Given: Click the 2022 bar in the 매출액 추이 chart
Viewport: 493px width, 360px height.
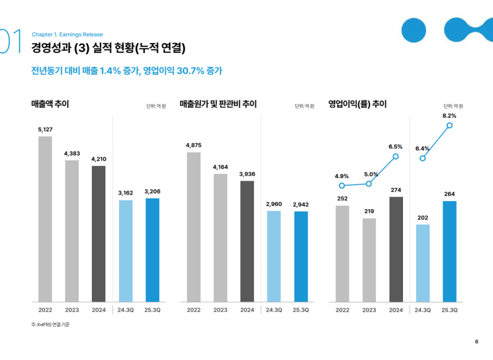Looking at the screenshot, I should click(x=45, y=219).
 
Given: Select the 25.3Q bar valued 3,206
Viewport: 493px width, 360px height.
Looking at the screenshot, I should click(x=152, y=250).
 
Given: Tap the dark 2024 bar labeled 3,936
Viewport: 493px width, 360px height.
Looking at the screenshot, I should click(x=247, y=241).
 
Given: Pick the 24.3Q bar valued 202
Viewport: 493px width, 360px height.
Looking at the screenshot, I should click(x=422, y=263).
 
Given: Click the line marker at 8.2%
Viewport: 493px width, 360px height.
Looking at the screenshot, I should click(x=449, y=125).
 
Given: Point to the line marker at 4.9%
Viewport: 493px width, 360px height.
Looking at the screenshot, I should click(x=342, y=186).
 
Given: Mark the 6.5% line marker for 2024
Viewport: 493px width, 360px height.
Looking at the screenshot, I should click(x=396, y=157).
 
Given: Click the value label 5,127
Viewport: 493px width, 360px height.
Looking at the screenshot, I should click(x=45, y=129).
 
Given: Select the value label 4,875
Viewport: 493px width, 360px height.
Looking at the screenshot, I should click(x=194, y=145).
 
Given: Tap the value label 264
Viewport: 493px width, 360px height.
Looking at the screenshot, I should click(x=449, y=194).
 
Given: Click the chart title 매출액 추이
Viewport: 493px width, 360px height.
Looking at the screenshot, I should click(x=50, y=104).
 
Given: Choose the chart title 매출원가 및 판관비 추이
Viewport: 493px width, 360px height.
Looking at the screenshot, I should click(x=218, y=104).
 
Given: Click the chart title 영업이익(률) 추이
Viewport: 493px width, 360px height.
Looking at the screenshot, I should click(x=357, y=104).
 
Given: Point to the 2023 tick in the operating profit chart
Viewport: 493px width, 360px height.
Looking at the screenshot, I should click(x=369, y=310).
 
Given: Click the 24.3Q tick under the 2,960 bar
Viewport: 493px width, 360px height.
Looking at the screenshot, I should click(x=274, y=310).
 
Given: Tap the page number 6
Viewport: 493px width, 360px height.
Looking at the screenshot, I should click(x=476, y=343).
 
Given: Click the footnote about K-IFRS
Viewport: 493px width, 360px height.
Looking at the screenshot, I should click(x=51, y=325).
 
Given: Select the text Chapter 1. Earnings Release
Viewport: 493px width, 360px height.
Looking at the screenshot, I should click(x=67, y=35).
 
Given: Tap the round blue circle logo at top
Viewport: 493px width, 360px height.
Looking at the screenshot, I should click(x=414, y=29).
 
